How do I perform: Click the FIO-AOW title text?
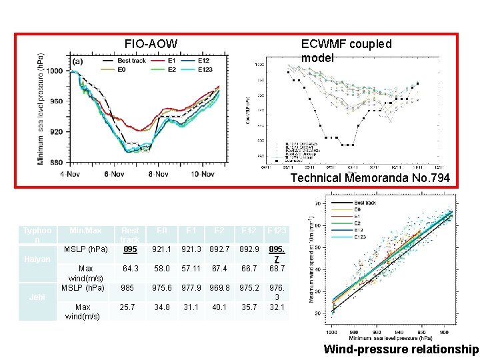coord(151,44)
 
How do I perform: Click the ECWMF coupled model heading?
coord(346,51)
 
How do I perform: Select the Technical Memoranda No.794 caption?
coord(370,178)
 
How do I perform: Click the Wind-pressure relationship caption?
coord(401,349)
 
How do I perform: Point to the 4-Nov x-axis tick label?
coord(72,174)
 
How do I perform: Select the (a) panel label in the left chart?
coord(77,61)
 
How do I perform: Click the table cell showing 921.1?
coord(161,249)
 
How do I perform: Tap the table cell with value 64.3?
coord(131,269)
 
